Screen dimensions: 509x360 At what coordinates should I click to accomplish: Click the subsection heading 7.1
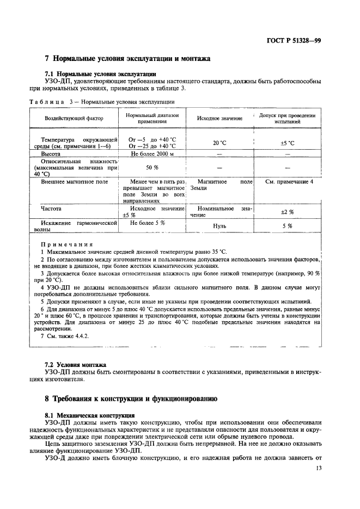(x=100, y=73)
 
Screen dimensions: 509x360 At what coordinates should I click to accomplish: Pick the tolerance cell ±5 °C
(x=287, y=143)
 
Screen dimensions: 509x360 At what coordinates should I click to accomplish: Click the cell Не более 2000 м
(x=152, y=154)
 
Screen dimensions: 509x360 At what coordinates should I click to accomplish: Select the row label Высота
(x=51, y=154)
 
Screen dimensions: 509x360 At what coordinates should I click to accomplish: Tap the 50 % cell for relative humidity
(x=152, y=168)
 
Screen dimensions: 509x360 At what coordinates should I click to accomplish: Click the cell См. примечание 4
(x=289, y=181)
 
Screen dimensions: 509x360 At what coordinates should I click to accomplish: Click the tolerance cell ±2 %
(x=287, y=212)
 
